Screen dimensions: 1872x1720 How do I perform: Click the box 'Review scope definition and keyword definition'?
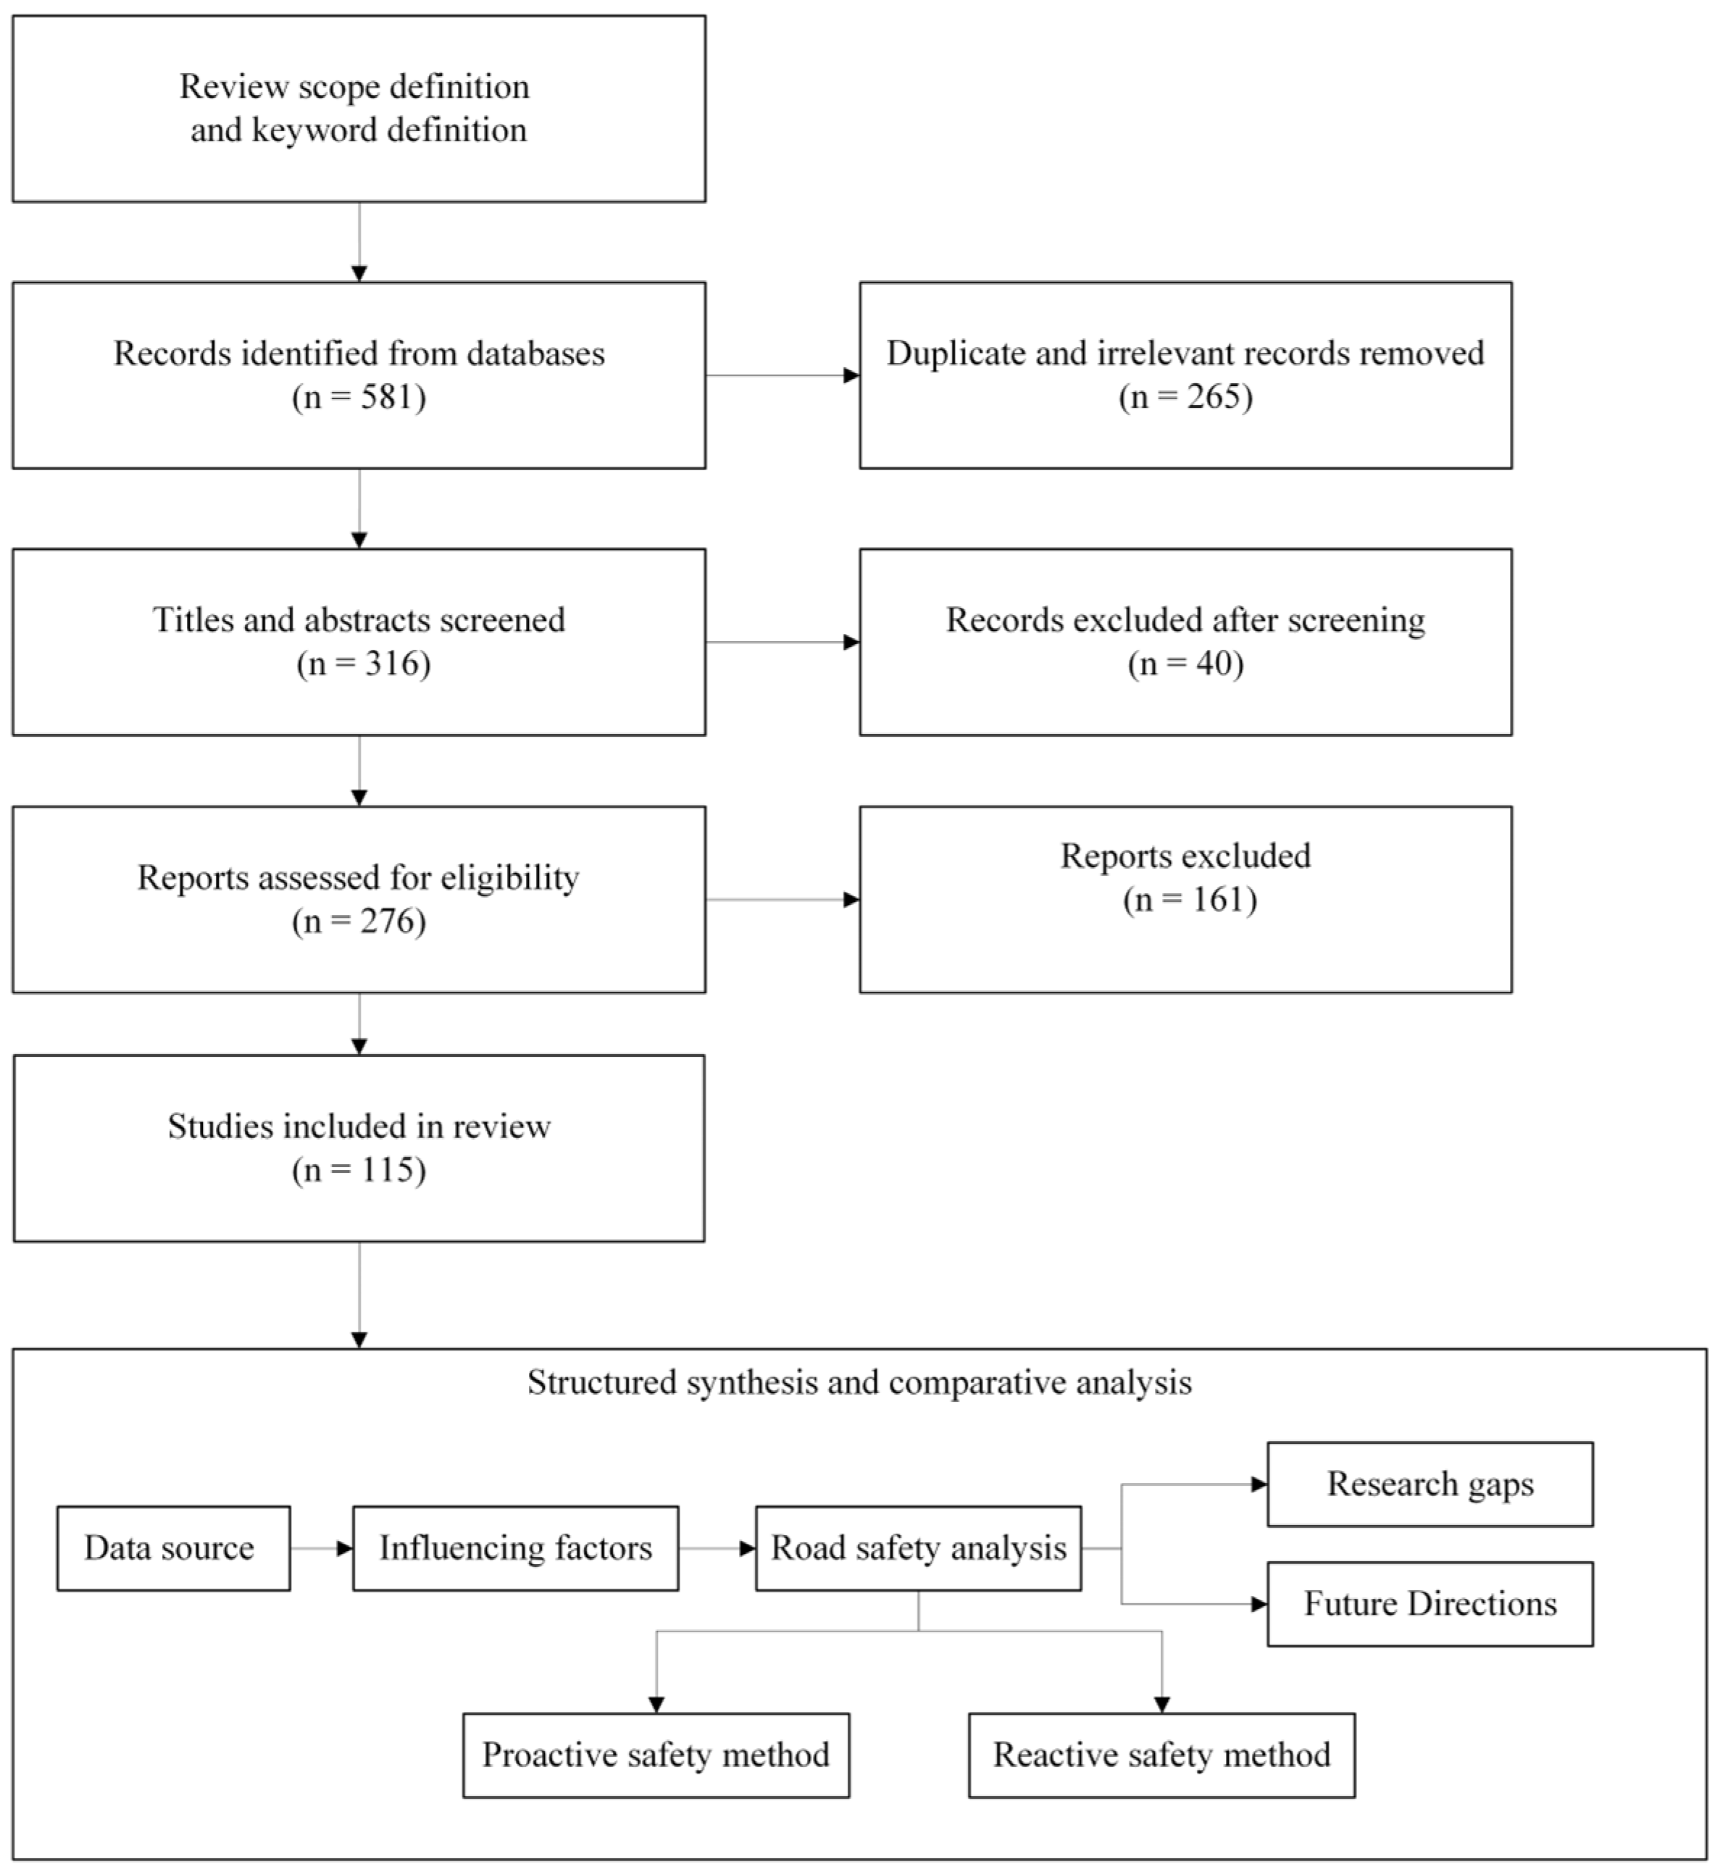tap(359, 108)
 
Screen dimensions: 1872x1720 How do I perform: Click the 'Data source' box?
tap(173, 1548)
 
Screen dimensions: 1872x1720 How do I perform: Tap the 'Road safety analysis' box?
tap(918, 1548)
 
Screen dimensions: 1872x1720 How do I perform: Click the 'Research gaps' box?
tap(1429, 1484)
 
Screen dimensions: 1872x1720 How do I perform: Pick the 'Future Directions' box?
tap(1429, 1604)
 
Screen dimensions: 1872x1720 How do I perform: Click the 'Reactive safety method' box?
tap(1161, 1755)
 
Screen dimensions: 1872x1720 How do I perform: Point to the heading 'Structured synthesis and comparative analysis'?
tap(859, 1382)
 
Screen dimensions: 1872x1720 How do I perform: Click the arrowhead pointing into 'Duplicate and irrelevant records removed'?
tap(851, 376)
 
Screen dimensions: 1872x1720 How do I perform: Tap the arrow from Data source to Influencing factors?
tap(321, 1549)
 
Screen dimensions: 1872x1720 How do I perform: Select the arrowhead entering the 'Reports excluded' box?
tap(851, 900)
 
